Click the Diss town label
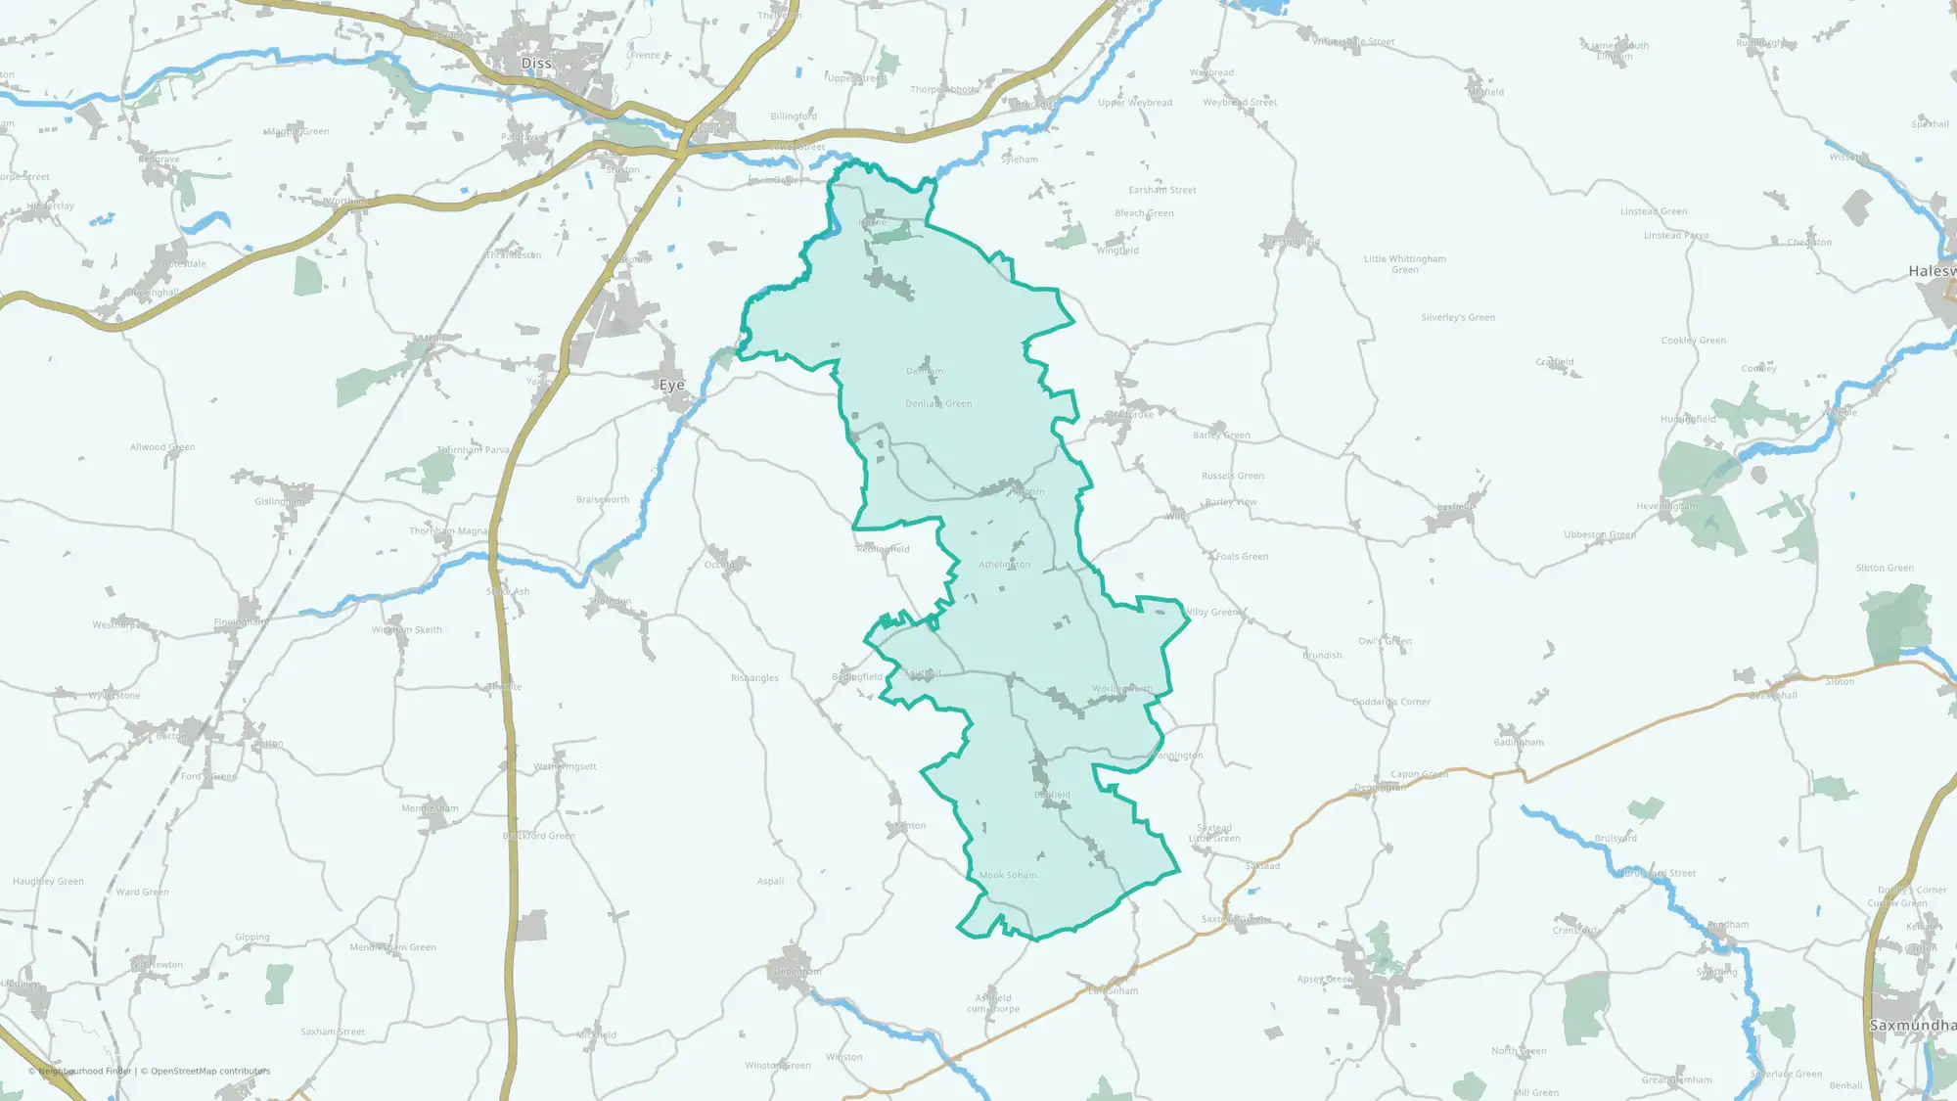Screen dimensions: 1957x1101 pos(536,64)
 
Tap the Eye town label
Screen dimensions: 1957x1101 pos(671,385)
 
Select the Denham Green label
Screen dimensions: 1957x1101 pos(938,403)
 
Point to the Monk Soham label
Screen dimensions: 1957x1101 pos(1008,875)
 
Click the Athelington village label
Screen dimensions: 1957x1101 pos(1004,565)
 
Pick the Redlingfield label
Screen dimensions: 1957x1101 pos(883,549)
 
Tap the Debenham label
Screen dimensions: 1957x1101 pos(797,972)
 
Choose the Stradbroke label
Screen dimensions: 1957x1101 pos(1129,415)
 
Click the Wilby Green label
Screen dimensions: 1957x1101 pos(1211,613)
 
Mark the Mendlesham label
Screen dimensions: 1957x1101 pos(430,808)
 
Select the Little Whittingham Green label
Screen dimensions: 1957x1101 pos(1404,264)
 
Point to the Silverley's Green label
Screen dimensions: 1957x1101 pos(1458,317)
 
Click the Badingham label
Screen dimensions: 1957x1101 pos(1519,742)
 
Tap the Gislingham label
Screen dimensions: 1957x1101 pos(281,501)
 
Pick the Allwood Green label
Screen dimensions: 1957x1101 pos(162,447)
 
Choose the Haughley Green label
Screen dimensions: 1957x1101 pos(48,881)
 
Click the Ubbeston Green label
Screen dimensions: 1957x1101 pos(1600,534)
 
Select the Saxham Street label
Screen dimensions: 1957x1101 pos(333,1032)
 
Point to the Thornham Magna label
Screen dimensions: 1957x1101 pos(448,531)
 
